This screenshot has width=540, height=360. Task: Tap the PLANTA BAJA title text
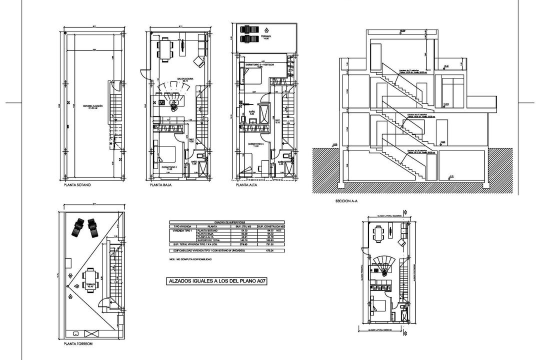tap(157, 185)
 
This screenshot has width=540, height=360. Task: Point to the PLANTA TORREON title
tap(77, 344)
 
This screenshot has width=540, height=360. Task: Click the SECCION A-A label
tap(346, 201)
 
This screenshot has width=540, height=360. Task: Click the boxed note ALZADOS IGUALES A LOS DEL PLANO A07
tap(215, 281)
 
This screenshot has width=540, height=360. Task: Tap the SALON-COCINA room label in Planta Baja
tap(185, 79)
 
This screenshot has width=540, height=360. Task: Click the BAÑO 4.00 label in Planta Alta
tap(251, 112)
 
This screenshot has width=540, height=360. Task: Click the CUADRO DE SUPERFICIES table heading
tap(226, 222)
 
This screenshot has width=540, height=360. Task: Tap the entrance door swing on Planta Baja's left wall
tap(143, 74)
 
